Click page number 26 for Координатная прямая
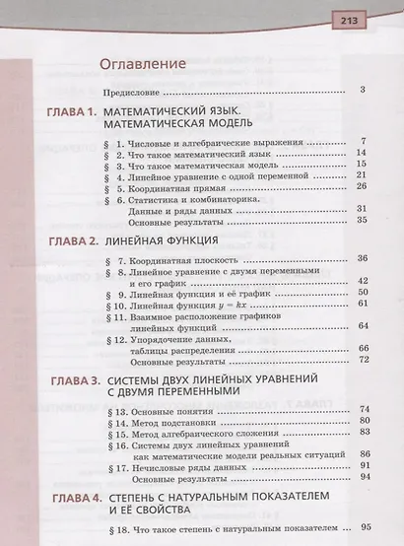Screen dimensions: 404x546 coord(363,185)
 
